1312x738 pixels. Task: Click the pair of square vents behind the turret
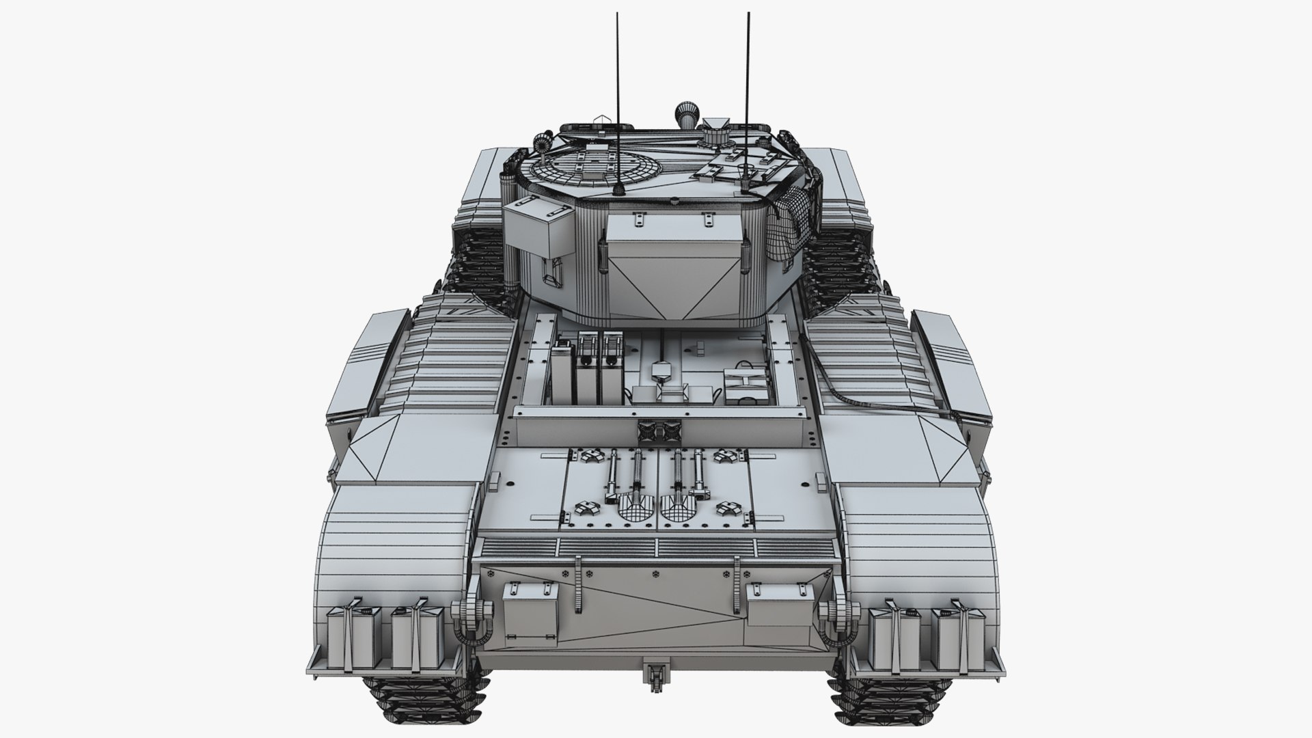(x=656, y=430)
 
